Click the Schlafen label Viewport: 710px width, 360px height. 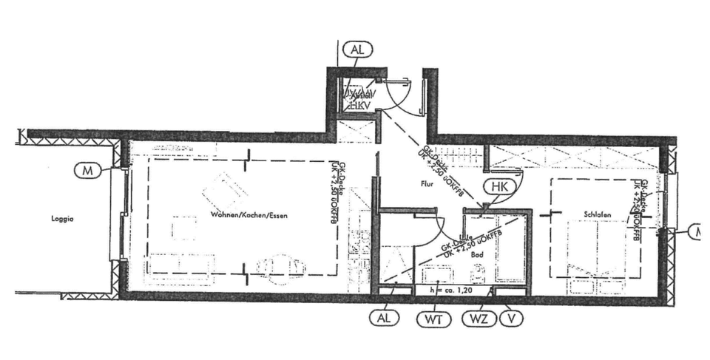point(597,214)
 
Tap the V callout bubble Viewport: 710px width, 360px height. point(511,319)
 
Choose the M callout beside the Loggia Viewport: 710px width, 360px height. point(88,171)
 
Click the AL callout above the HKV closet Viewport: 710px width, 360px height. point(359,51)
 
